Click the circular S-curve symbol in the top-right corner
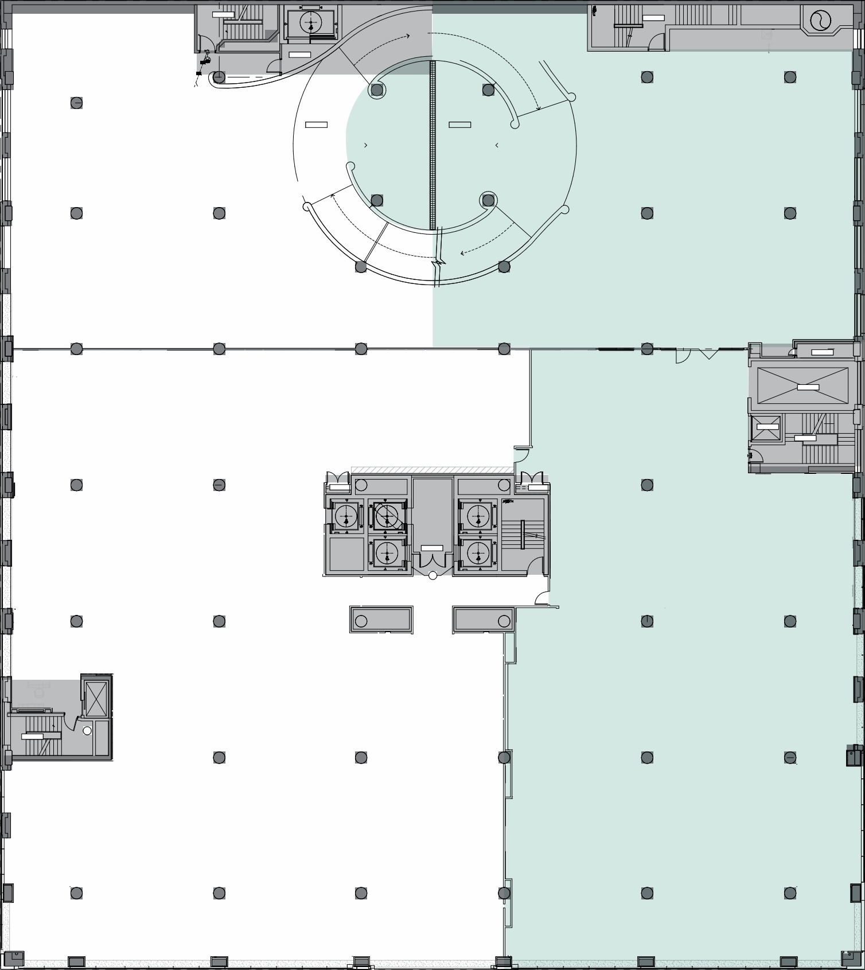(x=820, y=21)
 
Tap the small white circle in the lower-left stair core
(x=87, y=731)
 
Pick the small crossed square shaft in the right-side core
(x=767, y=428)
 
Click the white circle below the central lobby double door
(x=432, y=575)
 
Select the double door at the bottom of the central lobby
(x=432, y=563)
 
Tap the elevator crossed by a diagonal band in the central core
(x=388, y=516)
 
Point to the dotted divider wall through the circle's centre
(x=432, y=143)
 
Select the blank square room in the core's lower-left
(x=346, y=554)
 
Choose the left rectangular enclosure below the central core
(x=381, y=620)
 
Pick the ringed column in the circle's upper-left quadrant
(x=377, y=90)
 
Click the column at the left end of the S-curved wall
(x=219, y=77)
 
